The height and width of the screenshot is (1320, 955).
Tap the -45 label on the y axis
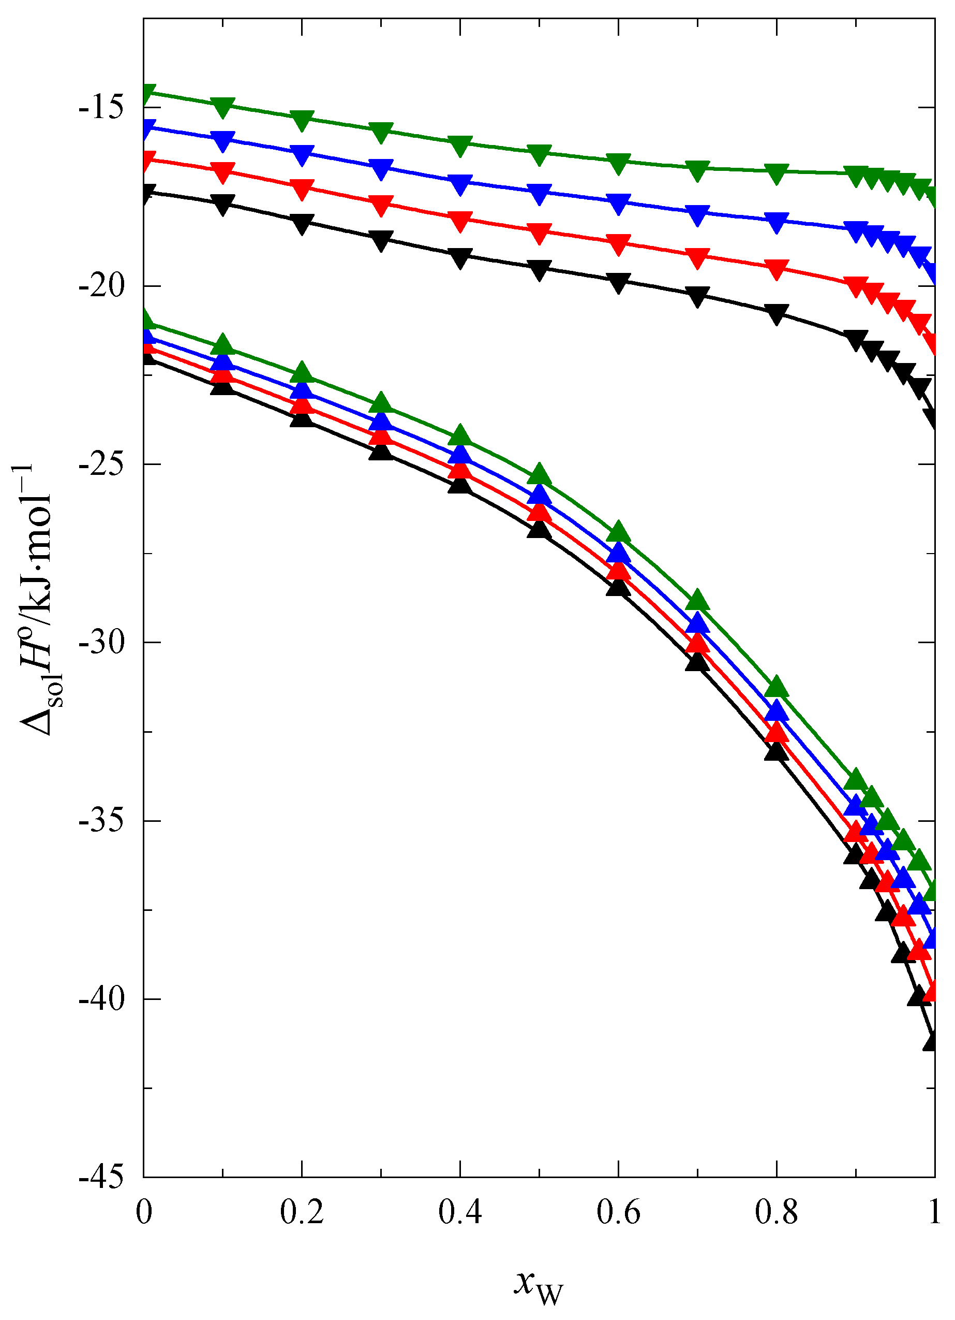tap(101, 1178)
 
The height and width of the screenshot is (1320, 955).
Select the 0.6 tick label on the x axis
tap(618, 1213)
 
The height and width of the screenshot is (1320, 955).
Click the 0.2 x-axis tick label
tap(301, 1213)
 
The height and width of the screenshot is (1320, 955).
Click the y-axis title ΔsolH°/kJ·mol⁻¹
tap(38, 600)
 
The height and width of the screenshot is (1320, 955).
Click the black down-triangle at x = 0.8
tap(777, 314)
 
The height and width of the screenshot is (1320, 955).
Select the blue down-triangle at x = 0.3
tap(380, 169)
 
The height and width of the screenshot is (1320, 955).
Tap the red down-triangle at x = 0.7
tap(697, 258)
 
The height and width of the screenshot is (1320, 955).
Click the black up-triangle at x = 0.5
tap(539, 528)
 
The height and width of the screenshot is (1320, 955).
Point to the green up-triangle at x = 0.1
tap(222, 344)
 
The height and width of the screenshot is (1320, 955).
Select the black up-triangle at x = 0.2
tap(301, 418)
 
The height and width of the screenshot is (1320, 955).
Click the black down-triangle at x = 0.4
tap(459, 258)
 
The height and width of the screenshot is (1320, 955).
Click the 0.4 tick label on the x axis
tap(459, 1213)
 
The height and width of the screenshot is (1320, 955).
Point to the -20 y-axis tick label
tap(101, 287)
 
